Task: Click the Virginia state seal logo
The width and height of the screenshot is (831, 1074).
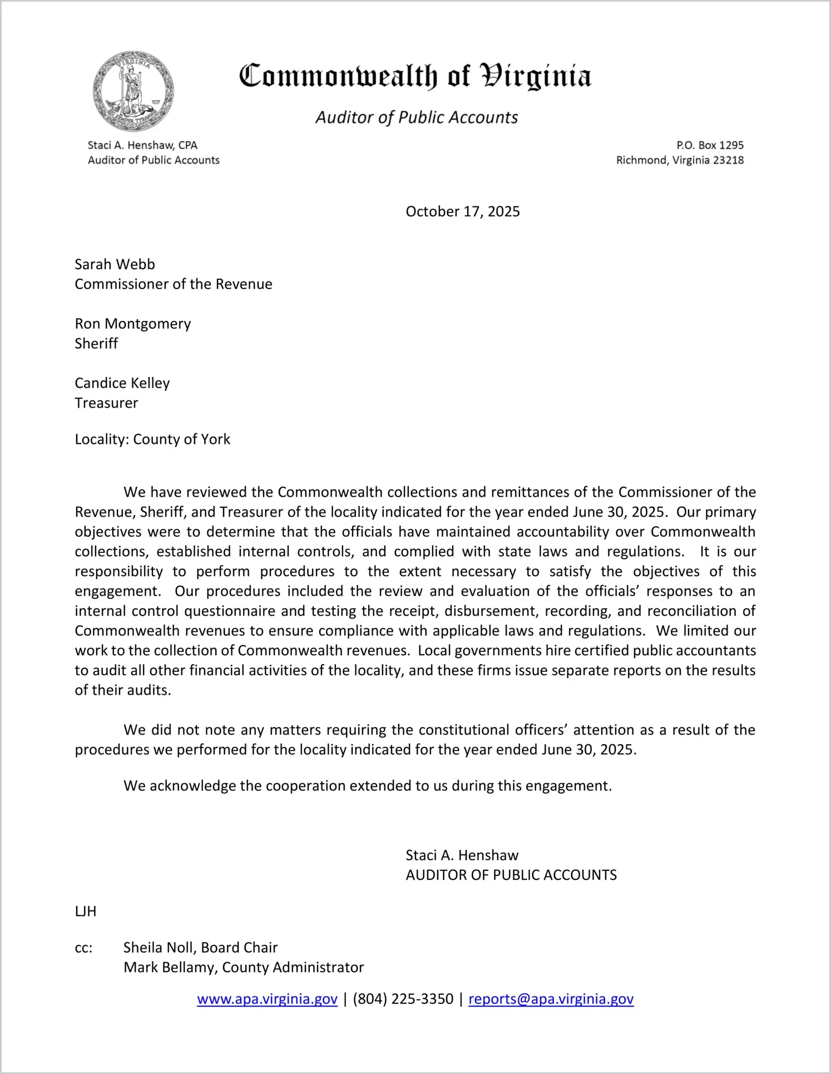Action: (133, 91)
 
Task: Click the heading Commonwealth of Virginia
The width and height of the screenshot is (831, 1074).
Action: (415, 76)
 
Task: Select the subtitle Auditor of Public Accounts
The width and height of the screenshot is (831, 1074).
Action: (417, 117)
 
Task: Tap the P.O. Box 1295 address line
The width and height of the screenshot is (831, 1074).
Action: (710, 145)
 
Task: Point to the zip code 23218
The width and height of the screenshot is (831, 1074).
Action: (728, 160)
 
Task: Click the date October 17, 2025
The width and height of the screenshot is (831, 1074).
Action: (462, 211)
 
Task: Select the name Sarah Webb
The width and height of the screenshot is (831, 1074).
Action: (115, 264)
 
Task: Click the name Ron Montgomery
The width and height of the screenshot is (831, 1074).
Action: (132, 324)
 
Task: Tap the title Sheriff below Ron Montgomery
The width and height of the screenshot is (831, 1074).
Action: (96, 344)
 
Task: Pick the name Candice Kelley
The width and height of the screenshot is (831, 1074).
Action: (122, 383)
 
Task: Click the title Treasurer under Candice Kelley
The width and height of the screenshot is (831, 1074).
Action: (106, 403)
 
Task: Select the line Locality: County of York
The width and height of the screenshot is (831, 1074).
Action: (152, 439)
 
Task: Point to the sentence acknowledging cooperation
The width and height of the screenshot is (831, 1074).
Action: (367, 786)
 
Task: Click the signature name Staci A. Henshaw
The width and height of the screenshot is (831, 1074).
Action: (462, 855)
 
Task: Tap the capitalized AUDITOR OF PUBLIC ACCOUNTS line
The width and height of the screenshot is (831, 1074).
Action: (511, 875)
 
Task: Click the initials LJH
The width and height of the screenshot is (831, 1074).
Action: (86, 912)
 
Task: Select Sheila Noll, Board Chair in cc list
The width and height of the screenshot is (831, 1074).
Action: (200, 948)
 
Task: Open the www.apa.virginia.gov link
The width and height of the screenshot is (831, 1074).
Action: (267, 999)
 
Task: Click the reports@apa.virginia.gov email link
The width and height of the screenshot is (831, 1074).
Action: (551, 999)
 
